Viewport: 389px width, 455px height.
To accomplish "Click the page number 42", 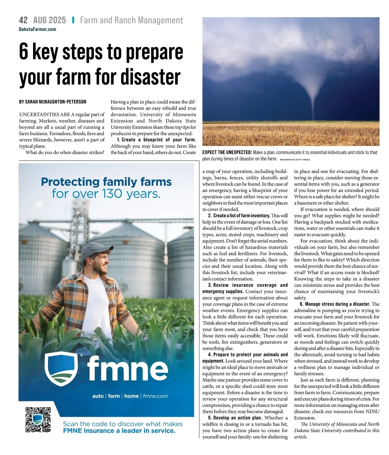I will [23, 20].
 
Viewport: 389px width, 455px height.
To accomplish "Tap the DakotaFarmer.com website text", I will [38, 29].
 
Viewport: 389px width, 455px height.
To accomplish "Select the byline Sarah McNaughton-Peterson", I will [53, 102].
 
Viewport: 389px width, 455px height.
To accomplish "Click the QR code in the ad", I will [38, 419].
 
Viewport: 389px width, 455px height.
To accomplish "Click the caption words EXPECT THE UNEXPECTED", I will [227, 152].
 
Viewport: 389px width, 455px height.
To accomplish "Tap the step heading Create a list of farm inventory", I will [242, 216].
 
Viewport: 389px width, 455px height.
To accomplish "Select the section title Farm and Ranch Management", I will [131, 20].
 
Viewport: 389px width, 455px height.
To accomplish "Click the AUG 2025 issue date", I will [50, 20].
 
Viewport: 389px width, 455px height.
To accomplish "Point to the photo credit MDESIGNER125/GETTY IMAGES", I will [295, 160].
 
